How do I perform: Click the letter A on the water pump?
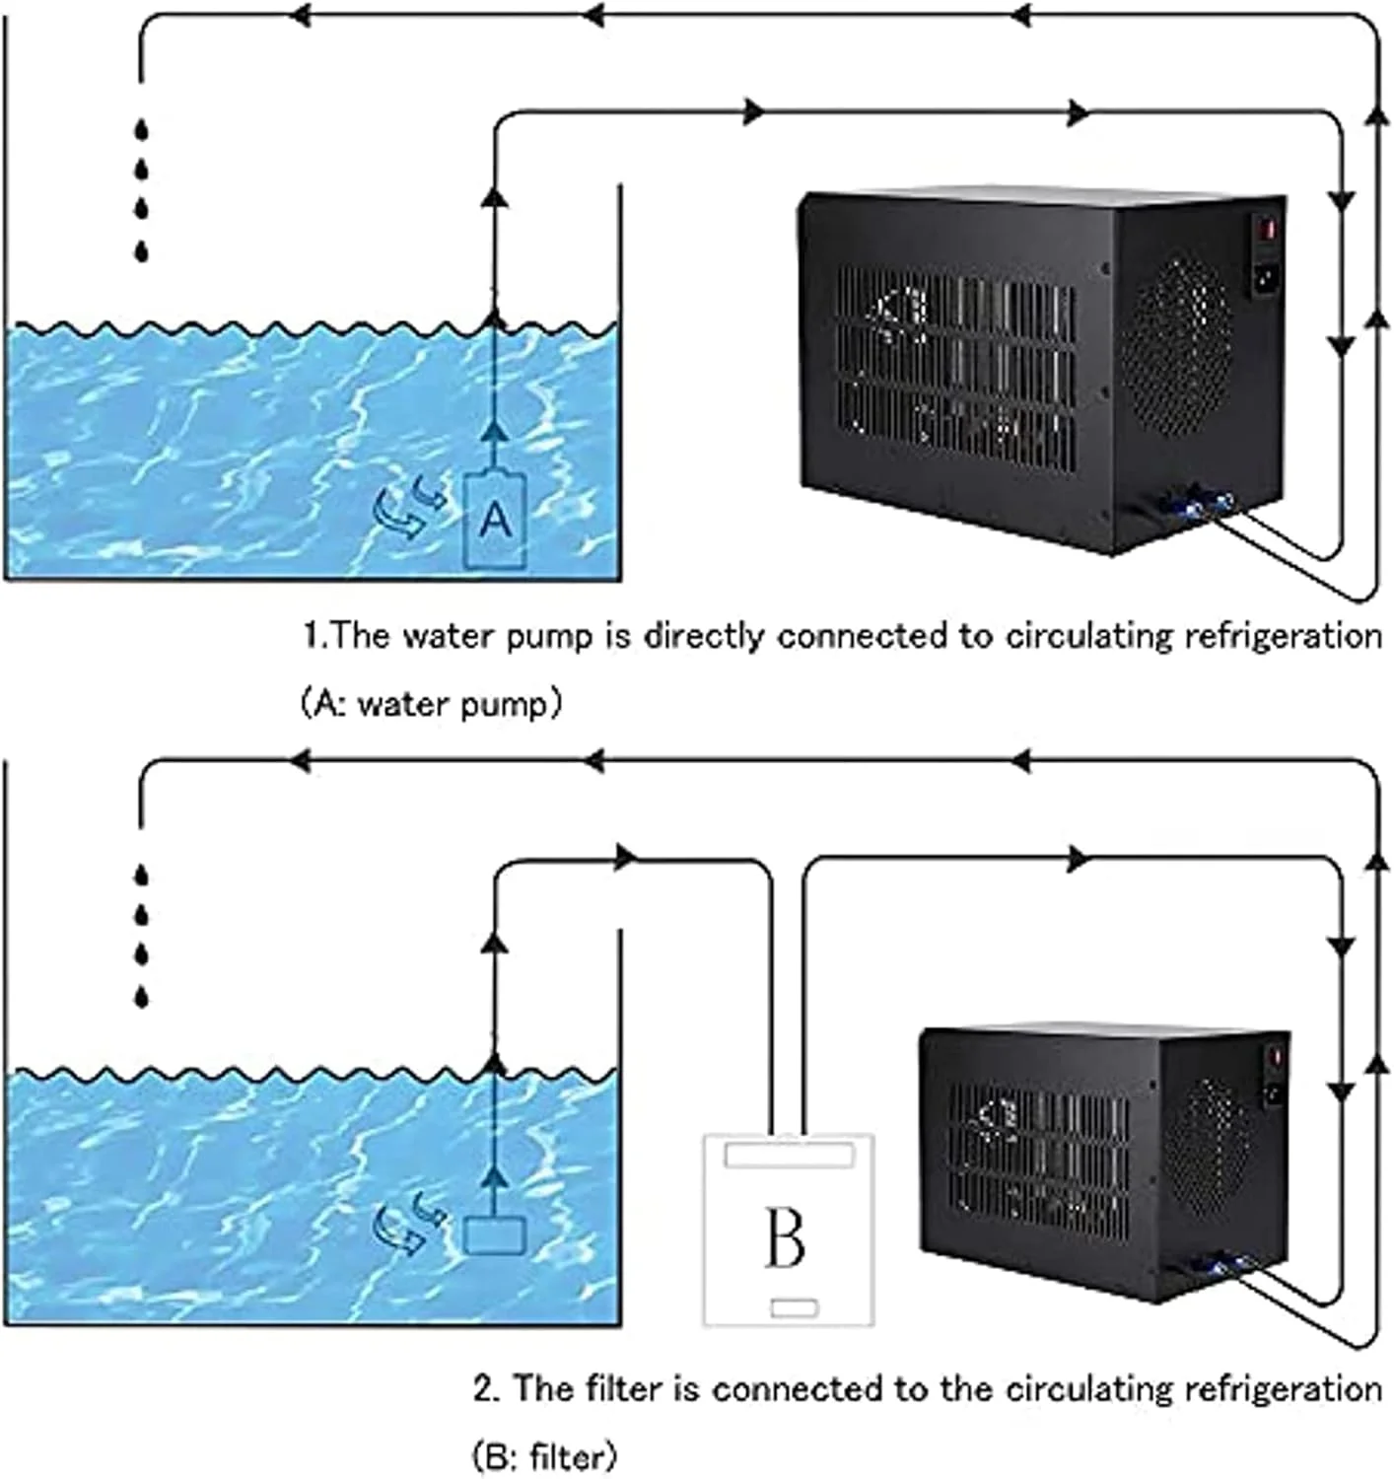click(x=496, y=520)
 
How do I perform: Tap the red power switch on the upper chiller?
click(x=1269, y=228)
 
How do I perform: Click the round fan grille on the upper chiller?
click(x=1176, y=346)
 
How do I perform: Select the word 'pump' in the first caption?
click(x=549, y=637)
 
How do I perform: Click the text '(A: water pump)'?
click(x=431, y=704)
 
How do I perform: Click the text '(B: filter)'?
click(x=543, y=1455)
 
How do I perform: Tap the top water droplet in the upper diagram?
click(x=143, y=129)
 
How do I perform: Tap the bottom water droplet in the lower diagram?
click(x=143, y=997)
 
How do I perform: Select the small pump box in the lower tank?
click(x=495, y=1236)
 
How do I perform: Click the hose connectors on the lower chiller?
click(x=1223, y=1265)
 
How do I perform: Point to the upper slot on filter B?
click(x=789, y=1155)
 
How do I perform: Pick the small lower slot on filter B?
click(x=794, y=1307)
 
